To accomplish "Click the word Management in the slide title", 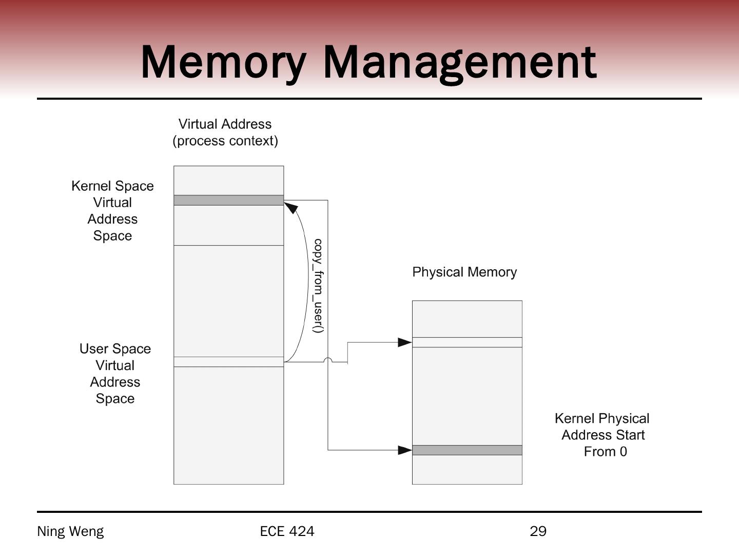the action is click(x=460, y=62).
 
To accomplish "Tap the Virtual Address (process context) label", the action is click(x=225, y=132).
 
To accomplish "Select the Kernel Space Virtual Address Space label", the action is click(x=112, y=211).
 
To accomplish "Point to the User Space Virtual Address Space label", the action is click(x=115, y=374).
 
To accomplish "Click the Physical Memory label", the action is click(x=464, y=272).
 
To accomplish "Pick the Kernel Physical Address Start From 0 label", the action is click(x=602, y=435).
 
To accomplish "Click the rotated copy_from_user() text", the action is click(x=318, y=286).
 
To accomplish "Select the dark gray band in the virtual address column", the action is click(x=228, y=200).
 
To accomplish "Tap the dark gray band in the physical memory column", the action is click(x=467, y=450).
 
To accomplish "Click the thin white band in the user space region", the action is click(x=228, y=362).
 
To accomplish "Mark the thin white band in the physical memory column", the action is click(x=467, y=342).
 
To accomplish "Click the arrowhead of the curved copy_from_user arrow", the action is click(x=290, y=207).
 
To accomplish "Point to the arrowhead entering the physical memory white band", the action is click(x=405, y=342).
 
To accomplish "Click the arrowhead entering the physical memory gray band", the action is click(x=405, y=450).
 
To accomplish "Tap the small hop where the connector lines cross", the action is click(x=328, y=360).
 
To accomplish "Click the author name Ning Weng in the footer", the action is click(x=70, y=531).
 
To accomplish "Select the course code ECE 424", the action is click(x=287, y=531).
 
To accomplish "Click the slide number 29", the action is click(x=538, y=531).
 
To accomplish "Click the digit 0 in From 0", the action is click(x=623, y=452).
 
